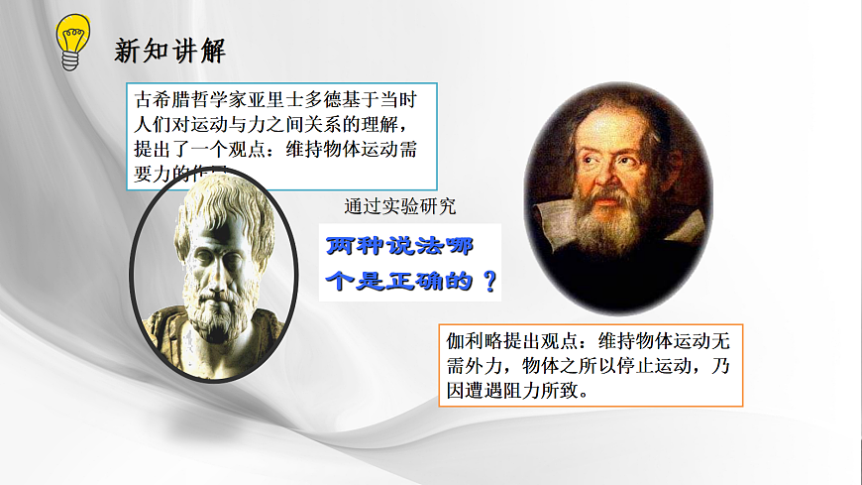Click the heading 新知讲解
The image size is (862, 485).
tap(170, 51)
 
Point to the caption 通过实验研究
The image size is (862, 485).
tap(400, 207)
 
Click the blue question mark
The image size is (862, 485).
tap(486, 280)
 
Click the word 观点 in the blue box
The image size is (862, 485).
tap(239, 150)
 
